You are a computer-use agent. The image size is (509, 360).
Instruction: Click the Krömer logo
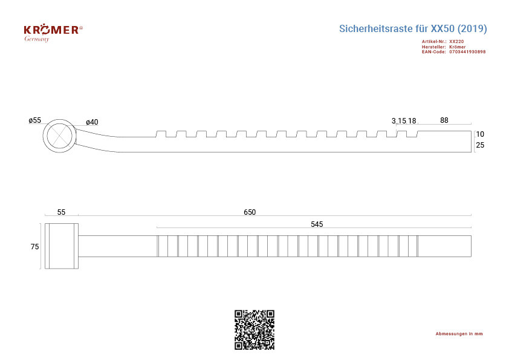(53, 33)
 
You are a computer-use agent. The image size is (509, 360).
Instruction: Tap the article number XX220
(456, 42)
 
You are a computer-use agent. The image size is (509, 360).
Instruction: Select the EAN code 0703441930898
(467, 51)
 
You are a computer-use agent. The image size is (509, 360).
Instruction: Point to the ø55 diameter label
(34, 120)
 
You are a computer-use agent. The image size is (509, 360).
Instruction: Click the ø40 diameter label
(92, 122)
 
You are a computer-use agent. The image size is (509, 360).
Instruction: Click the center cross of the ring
(59, 136)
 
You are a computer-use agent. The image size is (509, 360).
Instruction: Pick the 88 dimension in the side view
(444, 120)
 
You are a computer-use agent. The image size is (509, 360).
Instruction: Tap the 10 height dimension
(480, 134)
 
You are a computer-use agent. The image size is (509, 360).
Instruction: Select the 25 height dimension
(480, 145)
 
